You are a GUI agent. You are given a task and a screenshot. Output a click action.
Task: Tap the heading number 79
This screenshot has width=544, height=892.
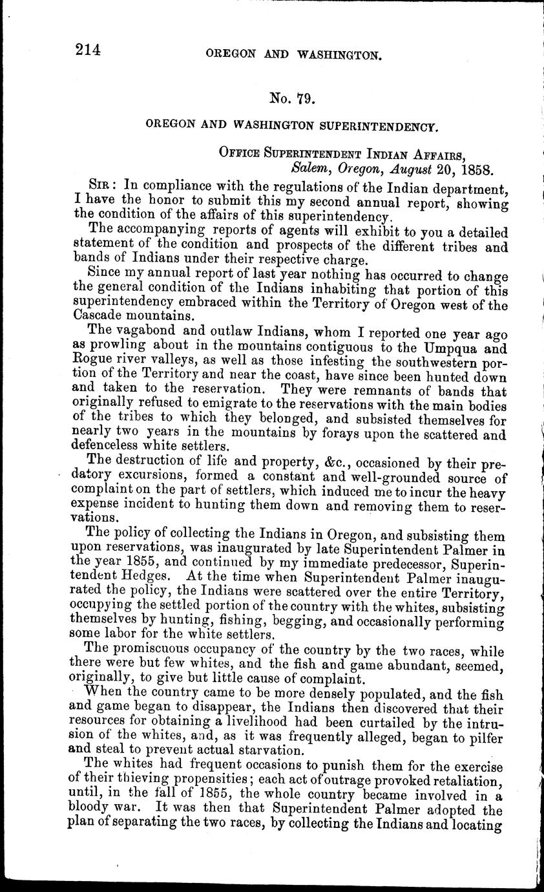[x=303, y=99]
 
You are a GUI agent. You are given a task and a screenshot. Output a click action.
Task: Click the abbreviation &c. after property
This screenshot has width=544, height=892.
[x=302, y=464]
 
